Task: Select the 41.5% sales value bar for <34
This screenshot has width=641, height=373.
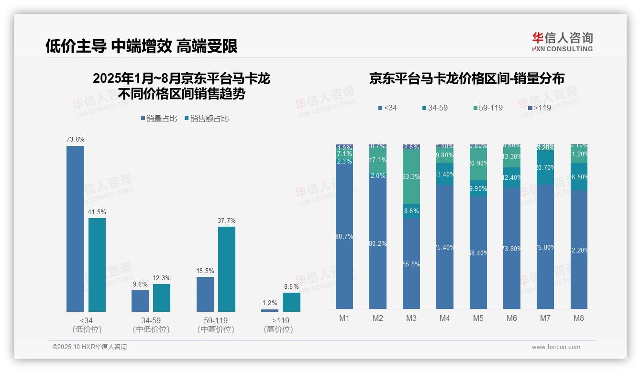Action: pyautogui.click(x=97, y=265)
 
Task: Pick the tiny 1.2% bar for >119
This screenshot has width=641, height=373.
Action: pyautogui.click(x=270, y=310)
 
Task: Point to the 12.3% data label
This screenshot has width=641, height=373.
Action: pyautogui.click(x=162, y=278)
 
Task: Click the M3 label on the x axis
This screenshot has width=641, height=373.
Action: pyautogui.click(x=411, y=318)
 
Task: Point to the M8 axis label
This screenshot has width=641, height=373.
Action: pyautogui.click(x=579, y=318)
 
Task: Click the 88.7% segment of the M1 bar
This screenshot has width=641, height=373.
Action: pyautogui.click(x=344, y=237)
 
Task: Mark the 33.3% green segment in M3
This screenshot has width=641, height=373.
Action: pyautogui.click(x=411, y=176)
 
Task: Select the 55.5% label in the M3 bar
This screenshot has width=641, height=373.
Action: pyautogui.click(x=411, y=264)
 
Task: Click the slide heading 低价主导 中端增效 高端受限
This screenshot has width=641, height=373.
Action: pyautogui.click(x=142, y=46)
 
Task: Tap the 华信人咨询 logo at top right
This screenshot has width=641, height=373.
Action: pyautogui.click(x=562, y=42)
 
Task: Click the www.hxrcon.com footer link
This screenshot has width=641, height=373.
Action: pyautogui.click(x=556, y=347)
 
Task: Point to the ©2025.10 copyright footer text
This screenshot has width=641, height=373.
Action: pyautogui.click(x=89, y=347)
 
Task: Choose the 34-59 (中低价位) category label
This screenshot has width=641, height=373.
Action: pyautogui.click(x=151, y=325)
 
